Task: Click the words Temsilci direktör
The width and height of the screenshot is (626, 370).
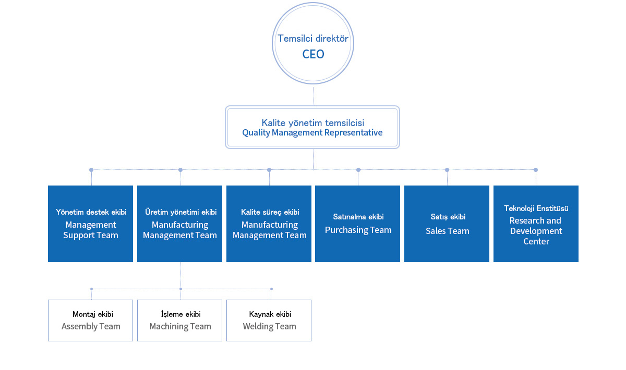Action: coord(313,39)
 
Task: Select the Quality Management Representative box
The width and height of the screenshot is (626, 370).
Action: coord(312,127)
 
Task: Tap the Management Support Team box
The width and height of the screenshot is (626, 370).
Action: coord(91,224)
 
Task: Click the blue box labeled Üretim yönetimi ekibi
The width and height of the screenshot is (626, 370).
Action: coord(179,224)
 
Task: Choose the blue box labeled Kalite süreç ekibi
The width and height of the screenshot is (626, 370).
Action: coord(269,224)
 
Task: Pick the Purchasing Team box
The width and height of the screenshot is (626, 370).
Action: coord(358,224)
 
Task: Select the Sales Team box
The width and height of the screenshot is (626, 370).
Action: coord(447,224)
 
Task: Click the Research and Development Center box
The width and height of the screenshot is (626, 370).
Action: coord(536,224)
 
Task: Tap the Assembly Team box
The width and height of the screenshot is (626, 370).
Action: coord(91,320)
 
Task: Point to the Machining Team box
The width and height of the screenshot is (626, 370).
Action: coord(179,320)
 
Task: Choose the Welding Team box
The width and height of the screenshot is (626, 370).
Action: coord(269,320)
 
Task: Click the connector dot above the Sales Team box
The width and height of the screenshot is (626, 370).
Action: coord(447,170)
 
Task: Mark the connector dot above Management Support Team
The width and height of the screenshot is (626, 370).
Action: coord(91,170)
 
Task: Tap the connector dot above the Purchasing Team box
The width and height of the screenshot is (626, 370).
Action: coord(358,170)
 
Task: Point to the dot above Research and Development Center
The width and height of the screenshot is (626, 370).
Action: coord(536,170)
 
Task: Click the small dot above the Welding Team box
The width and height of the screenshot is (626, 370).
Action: coord(271,289)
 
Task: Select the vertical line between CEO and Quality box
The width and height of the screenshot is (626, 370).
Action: coord(313,96)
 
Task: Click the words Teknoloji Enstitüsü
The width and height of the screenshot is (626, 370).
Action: coord(536,208)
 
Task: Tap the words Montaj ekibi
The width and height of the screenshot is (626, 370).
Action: coord(93,314)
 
